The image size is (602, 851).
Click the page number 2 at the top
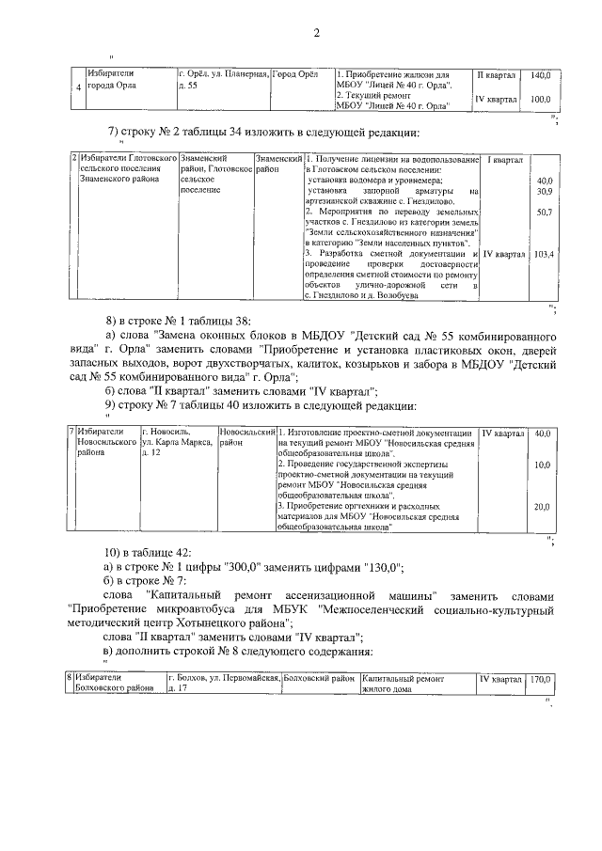coord(317,34)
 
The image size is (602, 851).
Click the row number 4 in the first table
coord(78,90)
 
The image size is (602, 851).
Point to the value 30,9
coord(543,192)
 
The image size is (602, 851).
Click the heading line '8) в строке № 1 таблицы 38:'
coord(178,321)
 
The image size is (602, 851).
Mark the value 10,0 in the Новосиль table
coord(542,465)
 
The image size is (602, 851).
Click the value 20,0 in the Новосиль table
coord(542,507)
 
